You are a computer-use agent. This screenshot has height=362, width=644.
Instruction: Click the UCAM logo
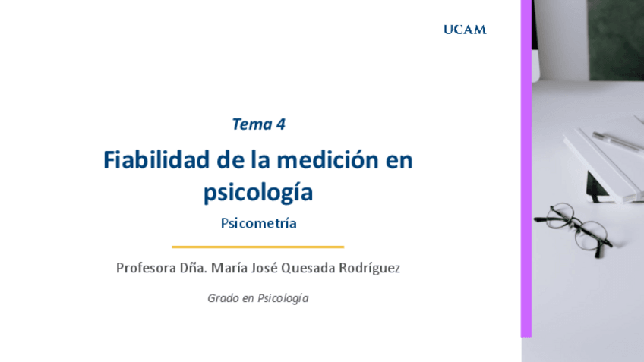[x=465, y=30]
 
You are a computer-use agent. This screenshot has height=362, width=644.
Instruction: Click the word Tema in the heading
[x=251, y=124]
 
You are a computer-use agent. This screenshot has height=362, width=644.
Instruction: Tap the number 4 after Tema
[x=281, y=124]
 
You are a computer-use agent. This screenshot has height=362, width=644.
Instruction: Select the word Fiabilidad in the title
[x=151, y=162]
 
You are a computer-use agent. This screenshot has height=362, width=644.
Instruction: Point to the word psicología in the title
[x=258, y=193]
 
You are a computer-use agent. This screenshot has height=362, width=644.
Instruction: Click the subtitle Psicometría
[x=258, y=224]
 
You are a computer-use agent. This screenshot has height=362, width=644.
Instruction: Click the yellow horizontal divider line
[x=257, y=247]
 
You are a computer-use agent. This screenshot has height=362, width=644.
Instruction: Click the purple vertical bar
[x=526, y=167]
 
